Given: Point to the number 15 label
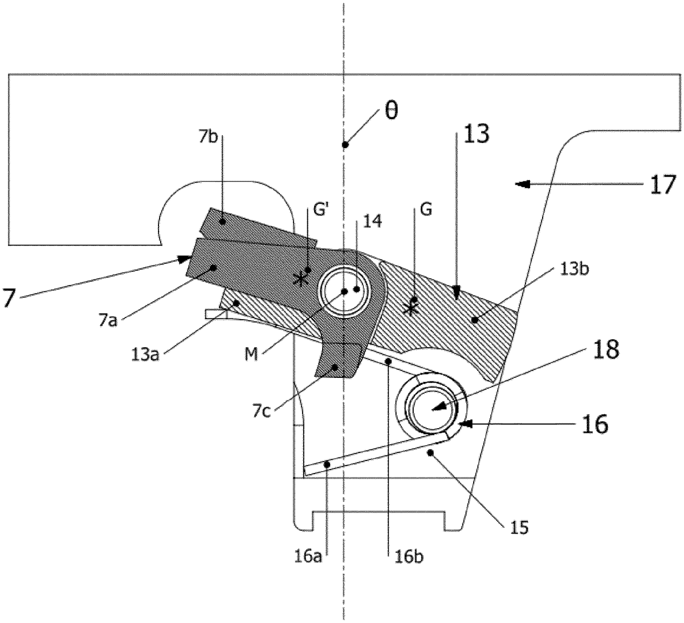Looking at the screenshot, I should point(518,527).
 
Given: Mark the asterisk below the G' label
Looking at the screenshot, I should point(298,279).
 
